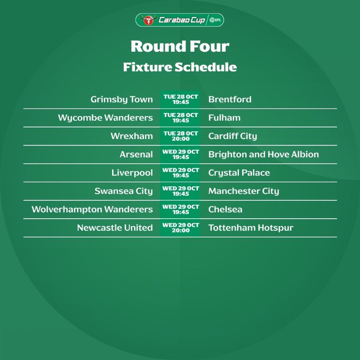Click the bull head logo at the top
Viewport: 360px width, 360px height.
pyautogui.click(x=148, y=20)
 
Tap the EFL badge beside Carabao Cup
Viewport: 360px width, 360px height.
pyautogui.click(x=215, y=20)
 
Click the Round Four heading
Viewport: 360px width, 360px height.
pyautogui.click(x=180, y=47)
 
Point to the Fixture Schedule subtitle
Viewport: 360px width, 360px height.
pyautogui.click(x=180, y=67)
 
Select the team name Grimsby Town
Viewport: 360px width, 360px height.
pyautogui.click(x=121, y=100)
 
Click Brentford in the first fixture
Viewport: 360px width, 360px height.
pyautogui.click(x=230, y=100)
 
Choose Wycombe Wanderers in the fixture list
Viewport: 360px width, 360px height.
pyautogui.click(x=105, y=118)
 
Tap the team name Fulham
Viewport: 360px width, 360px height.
pyautogui.click(x=224, y=118)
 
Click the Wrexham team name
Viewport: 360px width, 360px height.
pyautogui.click(x=131, y=136)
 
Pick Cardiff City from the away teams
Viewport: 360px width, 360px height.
pyautogui.click(x=232, y=137)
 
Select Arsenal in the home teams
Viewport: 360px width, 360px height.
pyautogui.click(x=136, y=155)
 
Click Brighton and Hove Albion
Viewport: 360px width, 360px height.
pyautogui.click(x=264, y=155)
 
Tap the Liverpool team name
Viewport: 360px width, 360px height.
pyautogui.click(x=132, y=173)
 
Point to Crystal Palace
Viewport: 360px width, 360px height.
pyautogui.click(x=239, y=173)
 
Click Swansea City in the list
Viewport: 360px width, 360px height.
pyautogui.click(x=123, y=191)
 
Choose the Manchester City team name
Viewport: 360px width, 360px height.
pyautogui.click(x=244, y=191)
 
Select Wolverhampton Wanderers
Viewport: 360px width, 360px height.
pyautogui.click(x=92, y=210)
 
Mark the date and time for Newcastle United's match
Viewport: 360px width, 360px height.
pyautogui.click(x=181, y=228)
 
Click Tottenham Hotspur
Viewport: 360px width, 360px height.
pyautogui.click(x=251, y=228)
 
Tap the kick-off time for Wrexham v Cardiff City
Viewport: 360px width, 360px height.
pyautogui.click(x=181, y=139)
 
